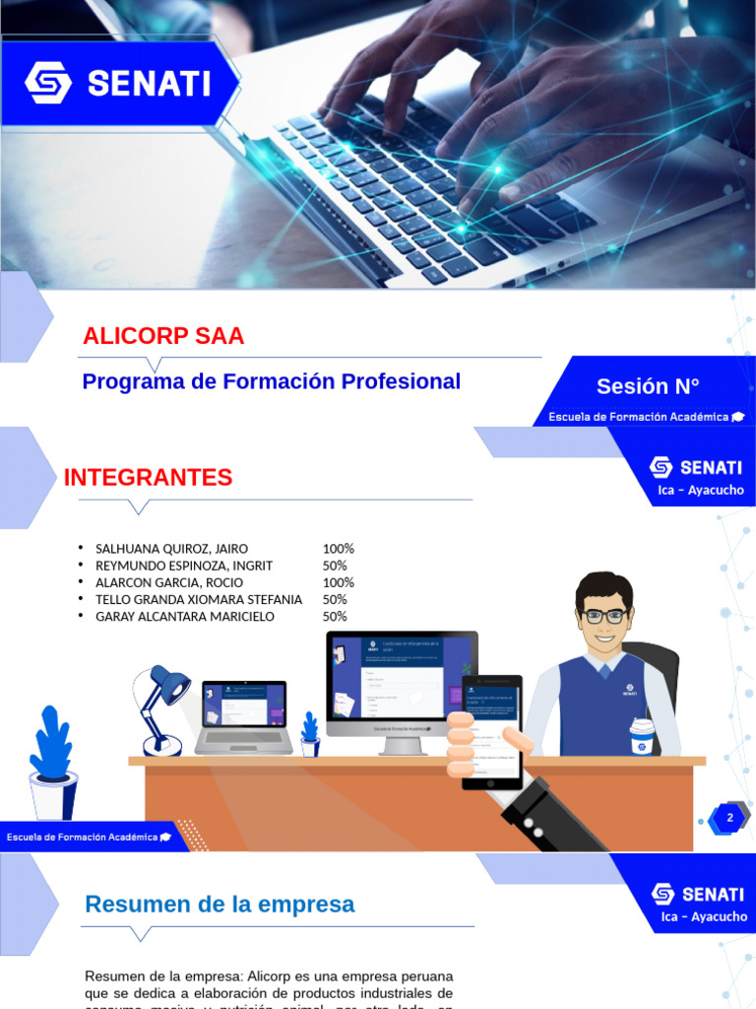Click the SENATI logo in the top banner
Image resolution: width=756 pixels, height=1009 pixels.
[118, 83]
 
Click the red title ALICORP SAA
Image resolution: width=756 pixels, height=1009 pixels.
[163, 336]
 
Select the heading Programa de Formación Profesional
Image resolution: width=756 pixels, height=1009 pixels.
[271, 381]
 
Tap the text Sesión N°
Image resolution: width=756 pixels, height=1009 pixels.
[648, 386]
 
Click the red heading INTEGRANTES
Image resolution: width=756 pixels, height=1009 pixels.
[148, 478]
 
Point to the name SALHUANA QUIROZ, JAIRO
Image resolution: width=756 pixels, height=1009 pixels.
[171, 549]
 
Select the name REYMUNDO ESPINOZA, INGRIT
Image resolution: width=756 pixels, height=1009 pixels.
[183, 566]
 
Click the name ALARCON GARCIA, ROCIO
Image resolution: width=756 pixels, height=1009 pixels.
[170, 582]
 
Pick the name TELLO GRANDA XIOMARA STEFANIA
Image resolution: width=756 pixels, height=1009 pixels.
[198, 599]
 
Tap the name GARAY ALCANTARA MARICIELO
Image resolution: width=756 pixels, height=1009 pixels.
[184, 616]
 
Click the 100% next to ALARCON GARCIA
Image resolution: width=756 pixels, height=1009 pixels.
[338, 582]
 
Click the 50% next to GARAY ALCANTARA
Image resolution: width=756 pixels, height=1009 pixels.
[335, 616]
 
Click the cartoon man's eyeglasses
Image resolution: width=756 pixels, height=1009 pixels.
[603, 616]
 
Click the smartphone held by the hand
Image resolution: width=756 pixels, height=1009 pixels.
[491, 731]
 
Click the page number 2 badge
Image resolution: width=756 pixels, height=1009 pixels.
[729, 818]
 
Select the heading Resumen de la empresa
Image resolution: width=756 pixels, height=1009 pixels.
[220, 904]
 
